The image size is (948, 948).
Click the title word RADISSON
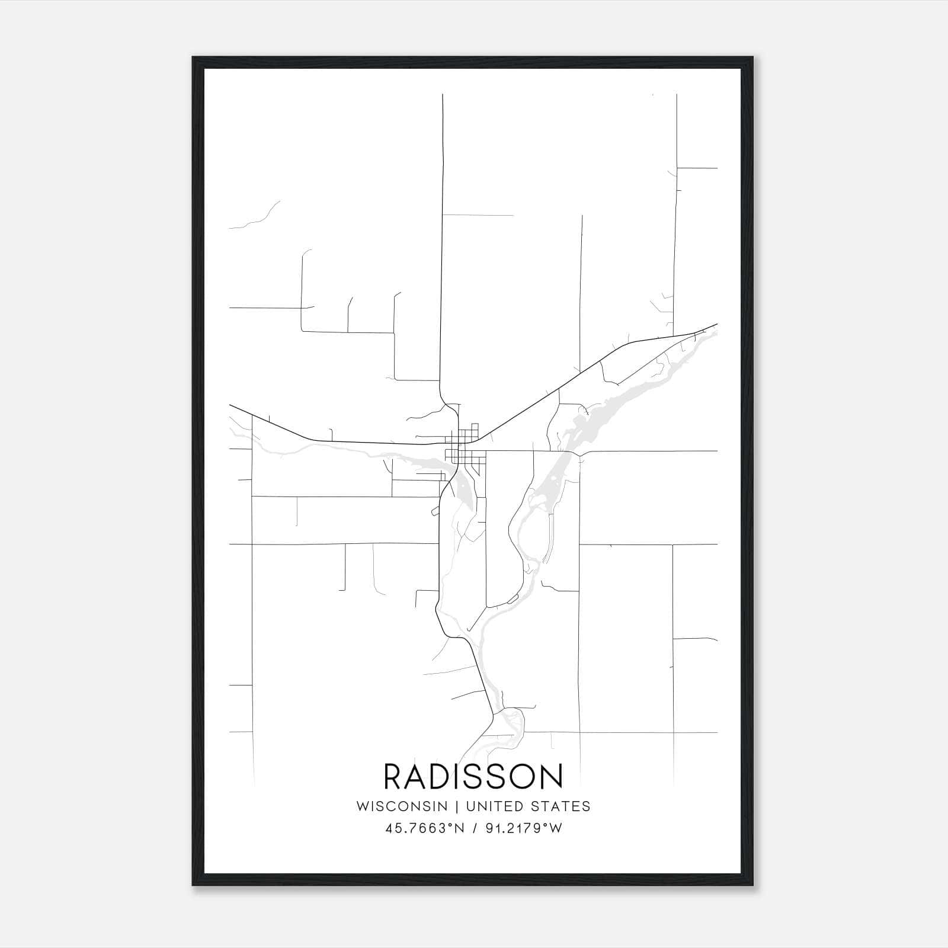click(x=473, y=777)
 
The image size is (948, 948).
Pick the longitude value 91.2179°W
click(x=522, y=829)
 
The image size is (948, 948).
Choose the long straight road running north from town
click(x=442, y=237)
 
